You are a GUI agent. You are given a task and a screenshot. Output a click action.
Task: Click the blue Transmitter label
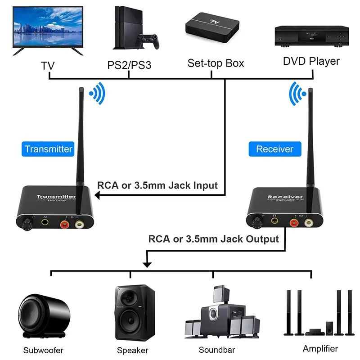pos(49,149)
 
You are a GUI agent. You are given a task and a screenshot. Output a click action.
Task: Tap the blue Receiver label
pos(274,149)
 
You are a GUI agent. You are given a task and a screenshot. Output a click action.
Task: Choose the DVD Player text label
pos(311,61)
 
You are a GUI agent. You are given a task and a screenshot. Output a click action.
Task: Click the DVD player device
pos(311,36)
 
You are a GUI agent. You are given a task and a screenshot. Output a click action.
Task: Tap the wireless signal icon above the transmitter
pos(97,94)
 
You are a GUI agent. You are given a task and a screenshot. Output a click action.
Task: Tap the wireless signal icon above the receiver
pos(297,94)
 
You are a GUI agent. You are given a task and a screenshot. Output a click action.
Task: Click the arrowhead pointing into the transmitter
pos(97,195)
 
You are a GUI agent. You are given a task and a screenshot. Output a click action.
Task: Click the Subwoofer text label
pos(44,350)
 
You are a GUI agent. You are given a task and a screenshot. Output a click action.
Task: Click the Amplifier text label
pos(320,348)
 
